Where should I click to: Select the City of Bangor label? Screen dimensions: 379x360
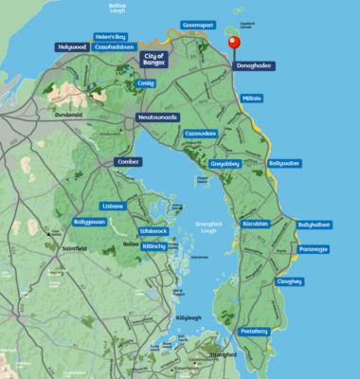click(x=153, y=58)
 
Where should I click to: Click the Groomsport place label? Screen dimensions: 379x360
click(x=201, y=28)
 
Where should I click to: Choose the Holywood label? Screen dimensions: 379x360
click(x=72, y=46)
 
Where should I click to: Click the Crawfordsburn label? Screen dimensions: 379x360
click(x=112, y=46)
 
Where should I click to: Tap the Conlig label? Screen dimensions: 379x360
click(x=144, y=82)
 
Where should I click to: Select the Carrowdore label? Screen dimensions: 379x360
click(x=202, y=133)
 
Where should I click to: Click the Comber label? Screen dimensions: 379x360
click(x=126, y=162)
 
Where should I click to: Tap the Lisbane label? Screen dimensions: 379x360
click(x=114, y=206)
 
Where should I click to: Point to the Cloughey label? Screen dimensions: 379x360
click(x=290, y=280)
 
